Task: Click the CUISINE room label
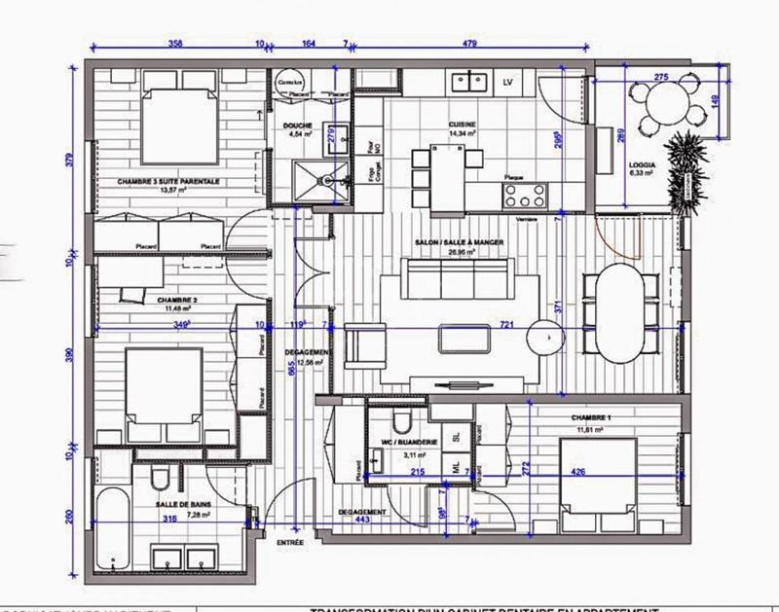click(x=462, y=125)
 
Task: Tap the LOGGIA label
click(x=643, y=166)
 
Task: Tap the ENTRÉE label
click(x=291, y=542)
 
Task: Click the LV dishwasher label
click(x=507, y=83)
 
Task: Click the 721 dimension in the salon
click(x=507, y=327)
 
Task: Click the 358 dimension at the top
click(x=175, y=44)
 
